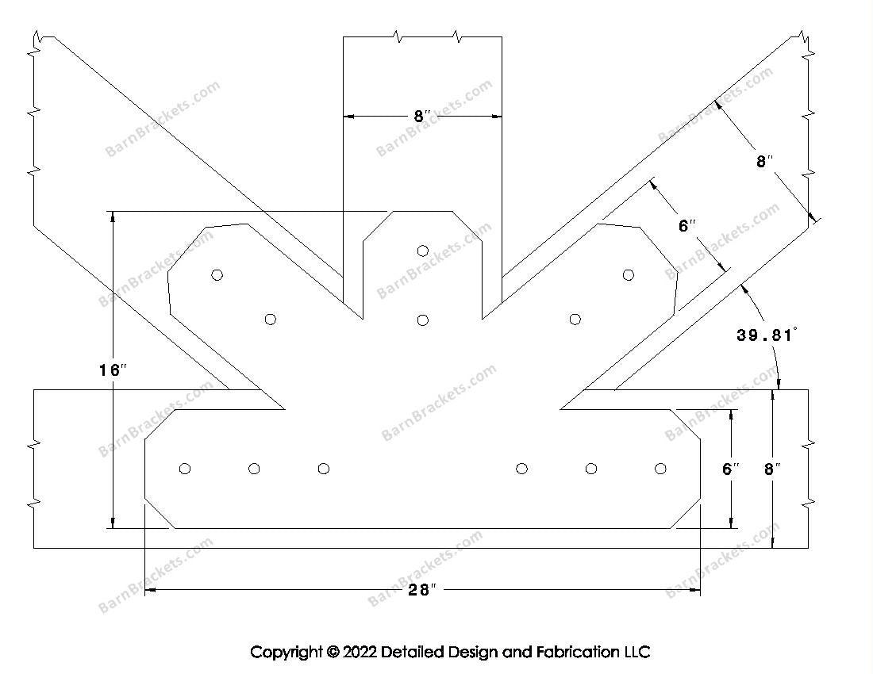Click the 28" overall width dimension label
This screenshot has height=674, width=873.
click(422, 590)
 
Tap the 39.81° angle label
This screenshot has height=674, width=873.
click(765, 335)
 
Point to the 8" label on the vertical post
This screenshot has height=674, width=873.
click(422, 117)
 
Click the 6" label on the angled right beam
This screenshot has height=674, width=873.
click(687, 226)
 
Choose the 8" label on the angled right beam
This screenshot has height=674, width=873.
click(764, 162)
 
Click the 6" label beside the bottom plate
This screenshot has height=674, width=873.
click(731, 469)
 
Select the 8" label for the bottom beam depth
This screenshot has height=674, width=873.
click(772, 469)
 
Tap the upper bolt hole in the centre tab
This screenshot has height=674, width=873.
click(423, 251)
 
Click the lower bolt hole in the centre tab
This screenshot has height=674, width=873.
click(423, 320)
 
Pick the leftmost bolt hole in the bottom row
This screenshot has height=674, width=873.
click(185, 469)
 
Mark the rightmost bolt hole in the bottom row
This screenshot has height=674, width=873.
click(660, 469)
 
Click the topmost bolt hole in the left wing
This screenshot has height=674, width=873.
click(217, 274)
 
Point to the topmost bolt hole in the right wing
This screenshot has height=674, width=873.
click(629, 274)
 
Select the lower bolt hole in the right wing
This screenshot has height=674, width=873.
click(575, 320)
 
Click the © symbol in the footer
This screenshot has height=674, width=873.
click(333, 653)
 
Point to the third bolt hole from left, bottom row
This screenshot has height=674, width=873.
click(323, 469)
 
